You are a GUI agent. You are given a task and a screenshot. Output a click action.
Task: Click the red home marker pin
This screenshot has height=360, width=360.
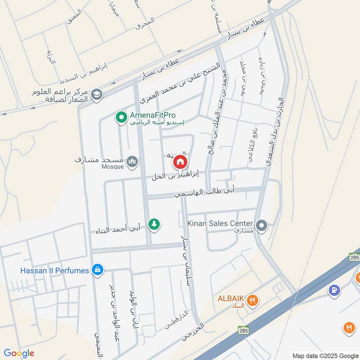[x=180, y=162]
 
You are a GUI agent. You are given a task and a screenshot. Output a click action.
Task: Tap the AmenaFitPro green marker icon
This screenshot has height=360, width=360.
[x=121, y=117]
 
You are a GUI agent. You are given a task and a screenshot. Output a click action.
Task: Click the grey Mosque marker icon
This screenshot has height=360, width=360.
[x=132, y=162]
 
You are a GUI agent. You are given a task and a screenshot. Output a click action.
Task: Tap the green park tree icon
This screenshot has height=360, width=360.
[x=154, y=224]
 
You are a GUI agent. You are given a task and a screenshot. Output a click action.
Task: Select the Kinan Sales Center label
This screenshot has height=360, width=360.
[x=221, y=222]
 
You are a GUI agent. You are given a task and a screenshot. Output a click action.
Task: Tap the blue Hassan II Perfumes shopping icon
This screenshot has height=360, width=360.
[x=97, y=270]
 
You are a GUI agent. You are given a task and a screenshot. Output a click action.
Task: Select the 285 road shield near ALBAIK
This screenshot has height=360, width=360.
[x=243, y=330]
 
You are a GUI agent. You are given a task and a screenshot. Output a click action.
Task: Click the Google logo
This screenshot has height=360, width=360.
[x=19, y=353]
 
